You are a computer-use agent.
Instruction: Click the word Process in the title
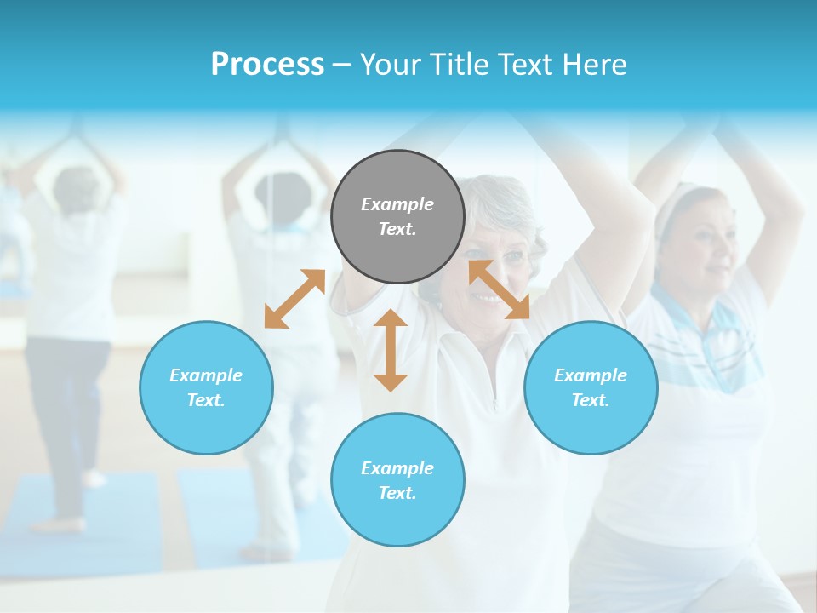267,65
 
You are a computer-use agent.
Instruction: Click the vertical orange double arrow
391,350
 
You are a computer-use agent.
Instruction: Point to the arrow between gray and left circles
294,299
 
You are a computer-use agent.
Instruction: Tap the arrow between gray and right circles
499,289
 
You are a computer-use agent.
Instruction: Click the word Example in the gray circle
397,204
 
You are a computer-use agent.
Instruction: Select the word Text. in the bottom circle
397,493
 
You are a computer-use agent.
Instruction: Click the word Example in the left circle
206,375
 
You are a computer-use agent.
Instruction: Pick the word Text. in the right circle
591,400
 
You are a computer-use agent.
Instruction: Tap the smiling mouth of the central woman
488,298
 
